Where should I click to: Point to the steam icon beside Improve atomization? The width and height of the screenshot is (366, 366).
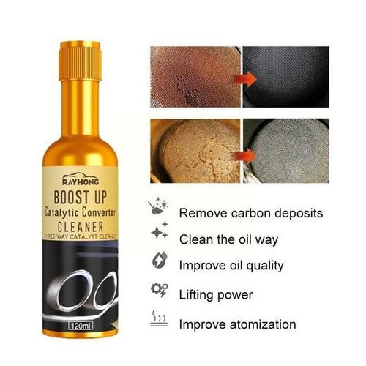[x=158, y=319]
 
